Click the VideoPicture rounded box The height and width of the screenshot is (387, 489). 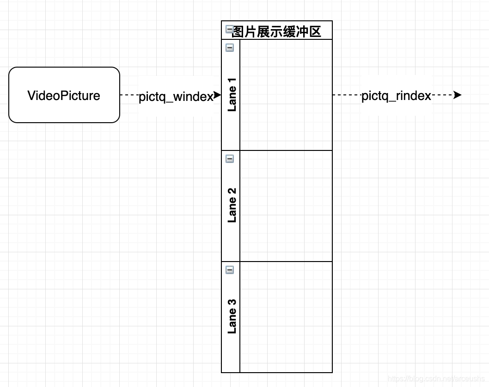point(64,95)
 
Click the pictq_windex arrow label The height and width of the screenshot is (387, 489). point(176,96)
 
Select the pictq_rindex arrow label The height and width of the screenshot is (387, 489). point(396,96)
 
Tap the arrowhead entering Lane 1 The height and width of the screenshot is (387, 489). point(218,95)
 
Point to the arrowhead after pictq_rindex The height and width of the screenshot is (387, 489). point(458,95)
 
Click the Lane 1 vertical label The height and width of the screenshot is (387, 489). point(232,95)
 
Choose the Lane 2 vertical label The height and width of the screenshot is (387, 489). point(232,205)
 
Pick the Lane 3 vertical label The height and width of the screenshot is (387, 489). point(232,316)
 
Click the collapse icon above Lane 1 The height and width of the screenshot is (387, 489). point(230,47)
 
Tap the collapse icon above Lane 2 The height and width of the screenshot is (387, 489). point(230,158)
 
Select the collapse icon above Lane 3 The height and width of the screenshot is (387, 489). point(230,269)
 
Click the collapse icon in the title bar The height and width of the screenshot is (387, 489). point(229,30)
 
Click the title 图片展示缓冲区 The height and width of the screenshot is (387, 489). point(276,31)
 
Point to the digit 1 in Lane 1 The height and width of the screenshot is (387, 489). point(232,81)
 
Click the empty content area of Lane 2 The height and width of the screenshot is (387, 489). point(286,206)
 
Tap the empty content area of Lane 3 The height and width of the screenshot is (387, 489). point(286,317)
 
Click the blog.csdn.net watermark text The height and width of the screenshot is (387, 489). point(436,379)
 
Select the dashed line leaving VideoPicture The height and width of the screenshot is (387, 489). point(129,95)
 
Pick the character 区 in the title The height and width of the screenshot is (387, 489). point(315,31)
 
